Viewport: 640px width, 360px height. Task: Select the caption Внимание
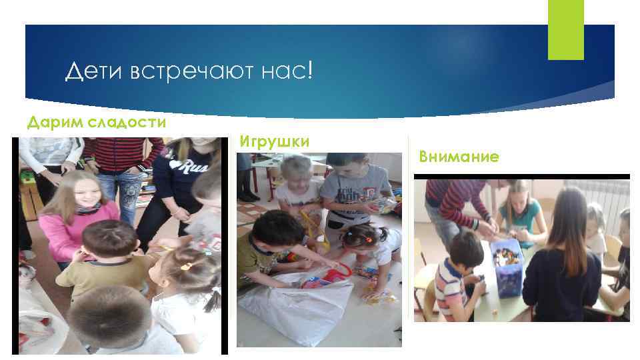point(459,157)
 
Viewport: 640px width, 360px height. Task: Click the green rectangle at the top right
point(565,29)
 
